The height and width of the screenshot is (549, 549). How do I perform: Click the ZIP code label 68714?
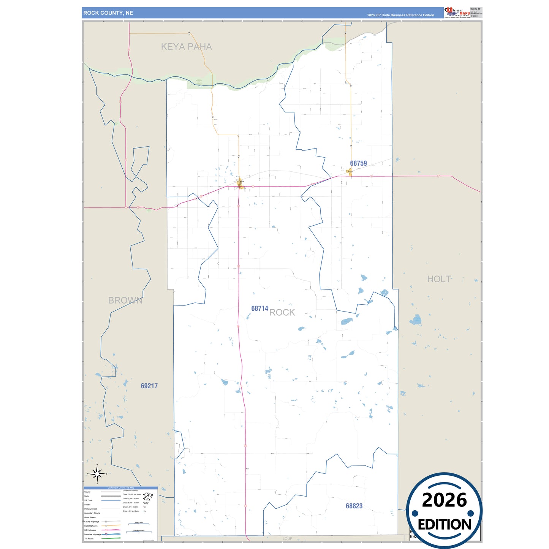259,309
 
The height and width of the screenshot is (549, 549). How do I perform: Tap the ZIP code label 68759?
358,163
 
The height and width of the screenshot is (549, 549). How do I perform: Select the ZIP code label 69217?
149,386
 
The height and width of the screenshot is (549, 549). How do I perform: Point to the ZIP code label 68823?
354,506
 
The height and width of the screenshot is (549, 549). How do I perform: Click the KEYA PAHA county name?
186,47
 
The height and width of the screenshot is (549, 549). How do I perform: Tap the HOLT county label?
439,279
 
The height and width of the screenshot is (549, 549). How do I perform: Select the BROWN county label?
125,301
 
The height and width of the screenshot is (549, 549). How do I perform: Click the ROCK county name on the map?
282,312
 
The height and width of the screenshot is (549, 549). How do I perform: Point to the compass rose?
97,474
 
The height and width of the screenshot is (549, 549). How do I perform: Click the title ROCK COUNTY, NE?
108,13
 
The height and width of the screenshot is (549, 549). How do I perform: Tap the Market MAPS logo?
457,13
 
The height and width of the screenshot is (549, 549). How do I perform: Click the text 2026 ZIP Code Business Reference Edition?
400,15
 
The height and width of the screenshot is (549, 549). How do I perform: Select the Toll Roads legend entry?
89,539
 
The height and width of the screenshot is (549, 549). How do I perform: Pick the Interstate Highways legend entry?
92,535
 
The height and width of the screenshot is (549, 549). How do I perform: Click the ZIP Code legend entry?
88,500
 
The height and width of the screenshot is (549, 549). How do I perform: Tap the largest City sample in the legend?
149,495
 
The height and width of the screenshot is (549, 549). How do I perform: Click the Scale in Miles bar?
139,524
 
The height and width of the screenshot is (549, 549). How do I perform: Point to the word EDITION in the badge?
445,525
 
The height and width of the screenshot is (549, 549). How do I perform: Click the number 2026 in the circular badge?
444,500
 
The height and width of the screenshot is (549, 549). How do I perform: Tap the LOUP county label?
288,539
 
